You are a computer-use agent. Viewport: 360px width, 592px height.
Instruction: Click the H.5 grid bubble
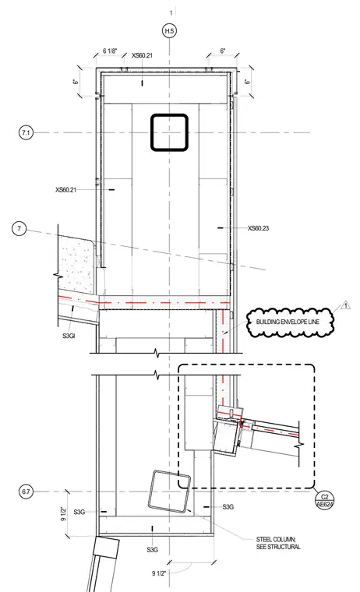pos(170,30)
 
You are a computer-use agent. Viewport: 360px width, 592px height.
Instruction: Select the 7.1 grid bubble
pos(26,133)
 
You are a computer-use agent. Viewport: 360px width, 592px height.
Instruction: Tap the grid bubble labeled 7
pos(19,228)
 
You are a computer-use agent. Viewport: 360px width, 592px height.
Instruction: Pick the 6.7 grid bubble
pos(26,492)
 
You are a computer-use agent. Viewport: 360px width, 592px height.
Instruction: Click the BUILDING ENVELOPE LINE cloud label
pos(288,322)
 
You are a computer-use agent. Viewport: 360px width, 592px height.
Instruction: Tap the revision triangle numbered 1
pos(345,305)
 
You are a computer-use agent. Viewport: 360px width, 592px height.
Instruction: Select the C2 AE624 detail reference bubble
pos(324,500)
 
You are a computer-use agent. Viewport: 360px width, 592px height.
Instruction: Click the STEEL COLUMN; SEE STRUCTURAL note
pos(278,543)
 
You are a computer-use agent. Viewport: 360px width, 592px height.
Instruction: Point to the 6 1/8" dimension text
pos(110,51)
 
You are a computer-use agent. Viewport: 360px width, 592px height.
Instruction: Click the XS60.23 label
pos(259,228)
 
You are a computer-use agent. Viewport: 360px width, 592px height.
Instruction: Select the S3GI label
pos(69,335)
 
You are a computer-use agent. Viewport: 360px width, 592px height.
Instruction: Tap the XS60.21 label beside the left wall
pos(65,189)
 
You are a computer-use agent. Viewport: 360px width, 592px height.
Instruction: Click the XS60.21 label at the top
pos(143,55)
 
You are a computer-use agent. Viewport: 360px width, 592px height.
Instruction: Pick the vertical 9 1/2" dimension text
pos(63,513)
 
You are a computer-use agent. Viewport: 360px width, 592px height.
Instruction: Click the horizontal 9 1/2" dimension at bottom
pos(159,573)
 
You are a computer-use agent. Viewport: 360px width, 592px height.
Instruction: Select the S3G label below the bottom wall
pos(152,550)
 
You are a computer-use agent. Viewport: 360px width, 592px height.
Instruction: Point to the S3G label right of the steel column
pos(228,506)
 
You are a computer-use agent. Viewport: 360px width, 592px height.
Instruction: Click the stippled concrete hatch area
pos(76,264)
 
